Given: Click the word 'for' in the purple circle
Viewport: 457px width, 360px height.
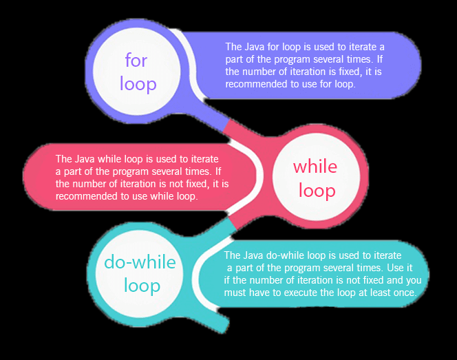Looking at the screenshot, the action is coord(136,60).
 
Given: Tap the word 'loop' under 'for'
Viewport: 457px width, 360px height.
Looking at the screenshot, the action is coord(138,85).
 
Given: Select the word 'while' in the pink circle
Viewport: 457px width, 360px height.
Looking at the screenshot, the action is coord(315,167).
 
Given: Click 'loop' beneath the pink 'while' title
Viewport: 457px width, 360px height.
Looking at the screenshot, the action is coord(317,191).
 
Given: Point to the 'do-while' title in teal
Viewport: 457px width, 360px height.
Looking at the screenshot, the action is coord(140,262).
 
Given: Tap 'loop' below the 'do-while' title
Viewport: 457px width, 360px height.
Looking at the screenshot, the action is coord(142,286).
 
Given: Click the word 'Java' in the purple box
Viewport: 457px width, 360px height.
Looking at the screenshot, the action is coord(255,47).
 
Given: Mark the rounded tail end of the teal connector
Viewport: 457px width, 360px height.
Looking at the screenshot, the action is coord(224,326).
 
